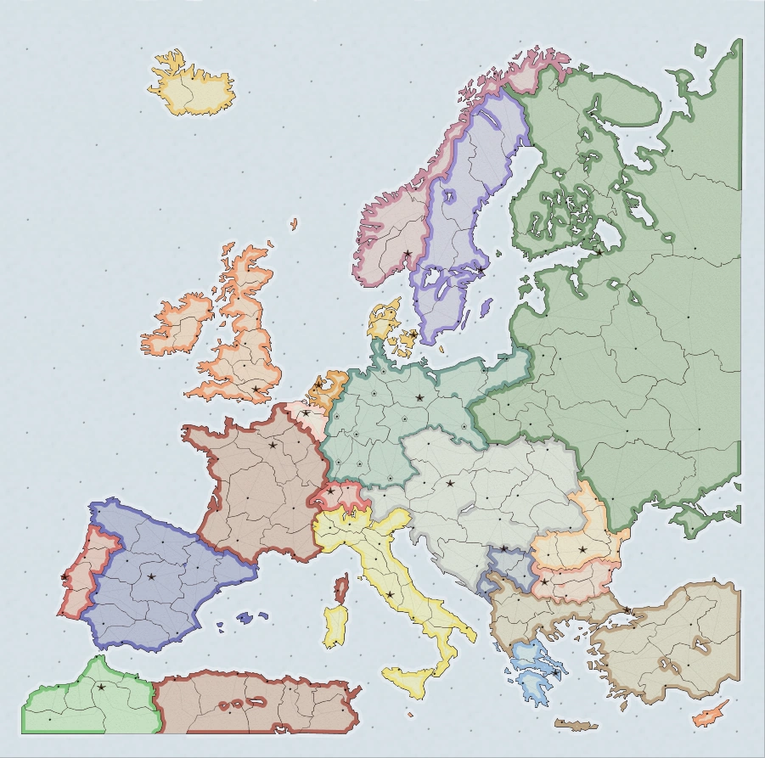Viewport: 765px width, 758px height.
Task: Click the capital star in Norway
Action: coord(408,253)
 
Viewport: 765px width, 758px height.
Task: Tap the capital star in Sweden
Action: coord(481,270)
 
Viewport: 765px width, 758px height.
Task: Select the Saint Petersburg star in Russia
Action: coord(599,251)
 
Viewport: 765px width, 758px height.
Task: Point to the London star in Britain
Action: coord(256,389)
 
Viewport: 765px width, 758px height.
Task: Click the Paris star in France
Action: coord(273,445)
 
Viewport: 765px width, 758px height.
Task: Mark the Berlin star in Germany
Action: coord(419,396)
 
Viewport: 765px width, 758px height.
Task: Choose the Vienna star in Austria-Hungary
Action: coord(450,484)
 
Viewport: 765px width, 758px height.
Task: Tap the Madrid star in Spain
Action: coord(151,576)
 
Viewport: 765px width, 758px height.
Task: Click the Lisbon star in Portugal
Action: coord(65,577)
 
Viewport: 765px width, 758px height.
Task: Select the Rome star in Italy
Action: coord(390,594)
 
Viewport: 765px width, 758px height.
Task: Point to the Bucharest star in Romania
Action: coord(582,549)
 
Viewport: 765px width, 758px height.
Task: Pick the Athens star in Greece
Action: coord(555,672)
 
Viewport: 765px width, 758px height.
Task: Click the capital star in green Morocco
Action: coord(102,687)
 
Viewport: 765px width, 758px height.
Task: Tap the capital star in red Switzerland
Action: coord(330,491)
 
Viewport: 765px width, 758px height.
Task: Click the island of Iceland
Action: coord(192,85)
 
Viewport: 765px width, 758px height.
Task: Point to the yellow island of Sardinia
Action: coord(335,626)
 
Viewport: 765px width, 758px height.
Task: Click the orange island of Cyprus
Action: coord(709,713)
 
